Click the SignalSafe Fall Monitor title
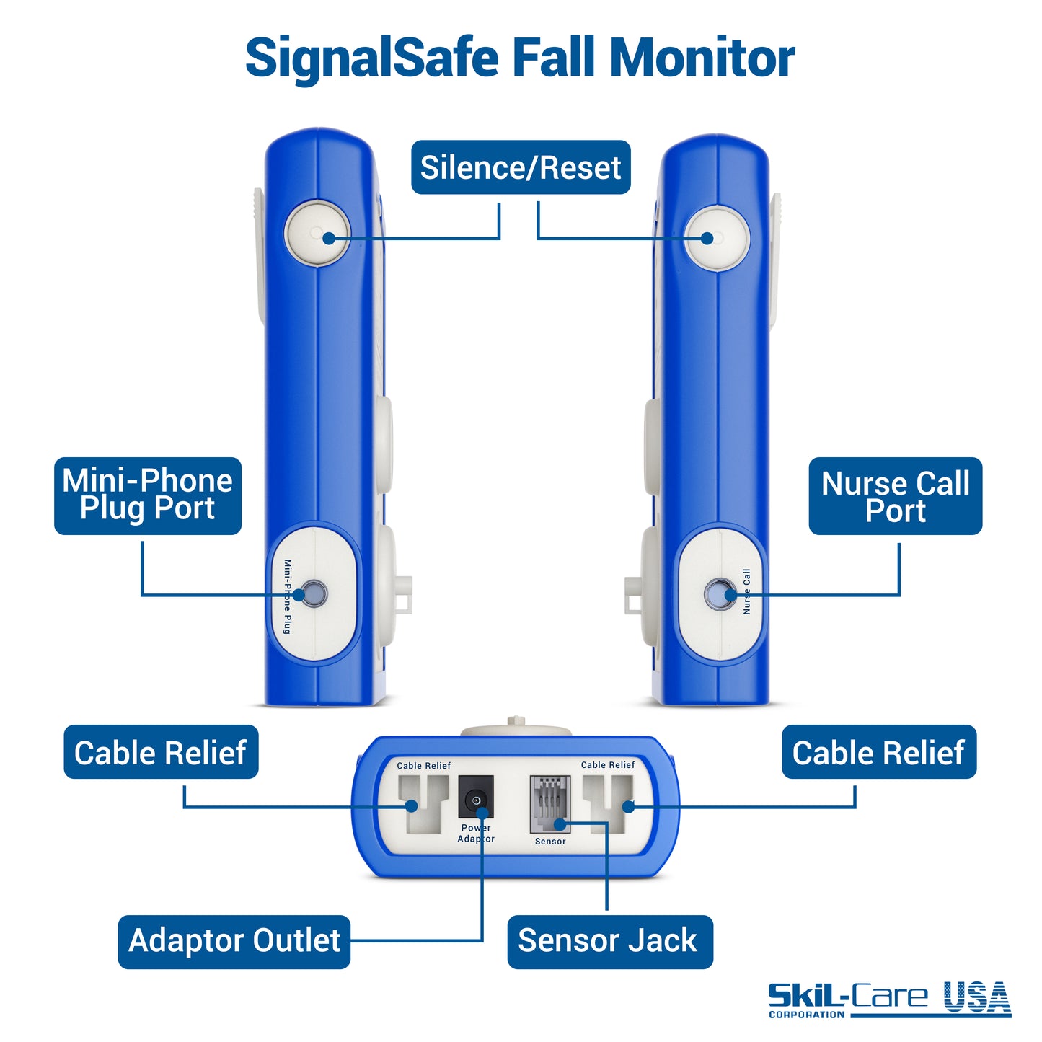pos(519,58)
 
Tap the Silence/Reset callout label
pos(521,167)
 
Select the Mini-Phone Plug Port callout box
pos(148,495)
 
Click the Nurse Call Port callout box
pos(895,496)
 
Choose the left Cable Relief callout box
pos(161,752)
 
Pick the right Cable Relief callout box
pos(878,752)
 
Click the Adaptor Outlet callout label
pos(234,941)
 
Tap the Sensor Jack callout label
pos(609,941)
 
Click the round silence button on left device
pos(317,234)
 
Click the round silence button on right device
pos(717,238)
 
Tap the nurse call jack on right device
pos(720,594)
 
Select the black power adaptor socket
pos(475,798)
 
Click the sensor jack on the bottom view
pos(550,803)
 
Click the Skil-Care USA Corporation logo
pos(889,999)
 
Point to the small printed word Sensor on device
pos(550,842)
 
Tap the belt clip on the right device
pos(775,260)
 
